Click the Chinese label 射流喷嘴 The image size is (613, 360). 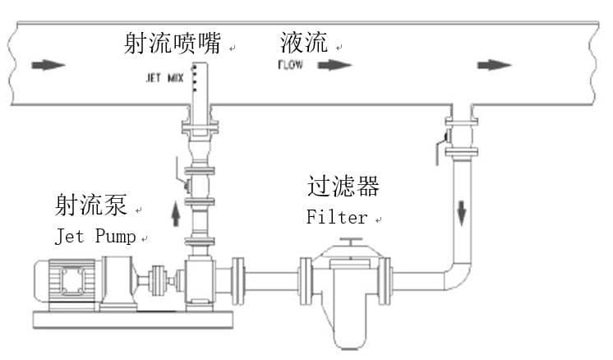click(x=173, y=42)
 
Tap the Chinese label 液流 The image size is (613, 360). click(x=303, y=42)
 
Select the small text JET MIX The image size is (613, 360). click(x=161, y=80)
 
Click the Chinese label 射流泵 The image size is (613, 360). click(x=90, y=205)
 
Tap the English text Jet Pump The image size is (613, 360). click(x=95, y=237)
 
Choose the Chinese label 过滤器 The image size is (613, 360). click(x=343, y=187)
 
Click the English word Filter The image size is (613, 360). click(x=337, y=218)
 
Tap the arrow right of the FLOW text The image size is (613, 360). click(x=334, y=65)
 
